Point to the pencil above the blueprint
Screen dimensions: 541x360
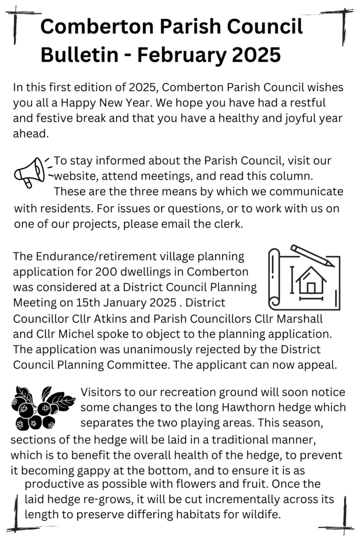tap(312, 255)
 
